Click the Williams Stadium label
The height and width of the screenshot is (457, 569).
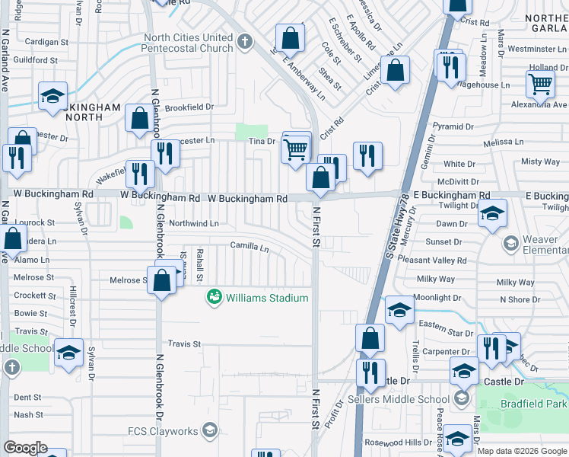266,298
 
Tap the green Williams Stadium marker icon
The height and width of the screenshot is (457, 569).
215,296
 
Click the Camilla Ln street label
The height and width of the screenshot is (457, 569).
250,248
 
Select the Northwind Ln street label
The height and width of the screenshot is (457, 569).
193,224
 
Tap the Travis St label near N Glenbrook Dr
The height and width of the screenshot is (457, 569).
184,344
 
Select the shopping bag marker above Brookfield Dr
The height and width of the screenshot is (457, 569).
139,119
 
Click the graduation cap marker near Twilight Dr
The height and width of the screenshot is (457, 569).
492,213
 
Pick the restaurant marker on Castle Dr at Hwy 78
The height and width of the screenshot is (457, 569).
370,372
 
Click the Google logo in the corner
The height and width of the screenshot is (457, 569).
25,448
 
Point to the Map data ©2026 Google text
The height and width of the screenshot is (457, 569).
521,451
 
